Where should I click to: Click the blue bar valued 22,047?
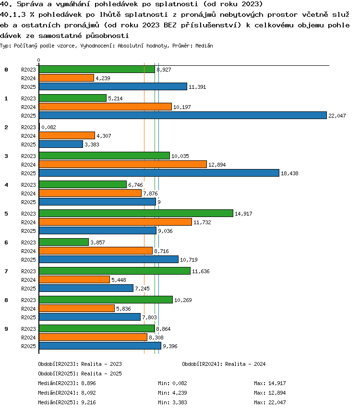(183, 115)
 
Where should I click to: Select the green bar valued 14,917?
(136, 213)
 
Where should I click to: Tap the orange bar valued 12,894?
(123, 164)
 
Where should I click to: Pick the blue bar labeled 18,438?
(159, 173)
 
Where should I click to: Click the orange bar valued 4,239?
(67, 78)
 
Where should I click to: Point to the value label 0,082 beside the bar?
(49, 127)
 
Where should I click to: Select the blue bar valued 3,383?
(61, 144)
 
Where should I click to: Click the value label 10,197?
(182, 107)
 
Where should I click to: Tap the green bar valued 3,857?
(64, 242)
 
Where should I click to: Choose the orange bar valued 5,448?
(74, 279)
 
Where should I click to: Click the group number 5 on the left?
(6, 214)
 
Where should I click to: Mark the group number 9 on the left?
(6, 329)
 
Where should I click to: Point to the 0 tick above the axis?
(39, 60)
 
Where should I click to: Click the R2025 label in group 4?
(28, 202)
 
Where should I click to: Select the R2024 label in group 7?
(28, 280)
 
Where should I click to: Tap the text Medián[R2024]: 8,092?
(67, 393)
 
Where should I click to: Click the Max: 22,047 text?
(270, 402)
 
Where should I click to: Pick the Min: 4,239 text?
(172, 393)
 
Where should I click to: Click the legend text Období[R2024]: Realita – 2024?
(224, 364)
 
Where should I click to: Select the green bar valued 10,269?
(106, 300)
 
